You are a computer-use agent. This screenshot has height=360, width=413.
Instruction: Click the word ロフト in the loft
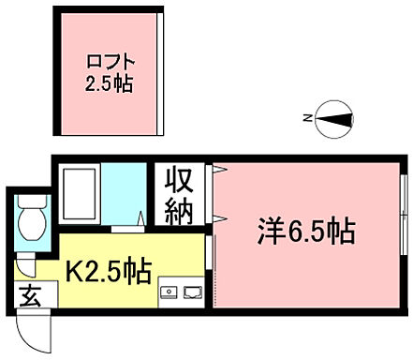[107, 63]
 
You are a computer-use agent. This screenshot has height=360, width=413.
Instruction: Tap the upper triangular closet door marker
[217, 170]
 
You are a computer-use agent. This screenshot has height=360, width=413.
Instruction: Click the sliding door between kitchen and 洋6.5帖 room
[212, 271]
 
